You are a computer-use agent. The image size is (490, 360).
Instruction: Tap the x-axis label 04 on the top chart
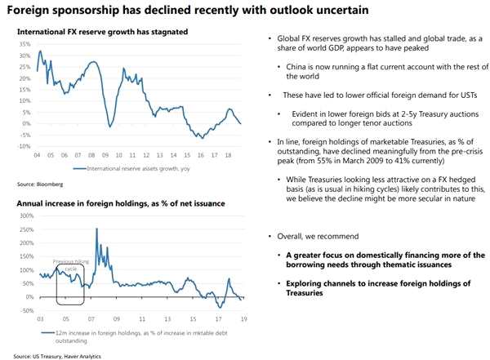pos(37,154)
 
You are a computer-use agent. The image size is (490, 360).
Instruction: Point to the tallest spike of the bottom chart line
pos(96,229)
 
